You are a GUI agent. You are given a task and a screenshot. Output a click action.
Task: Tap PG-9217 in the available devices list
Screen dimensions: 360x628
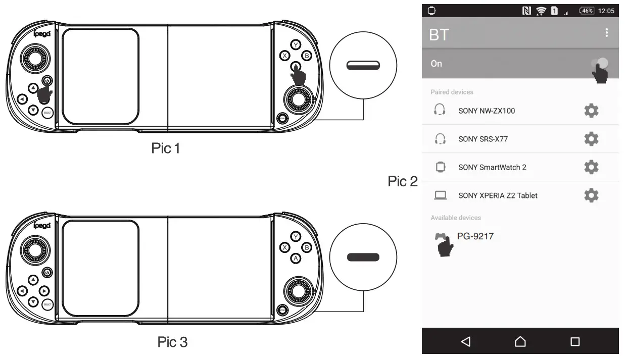pos(475,236)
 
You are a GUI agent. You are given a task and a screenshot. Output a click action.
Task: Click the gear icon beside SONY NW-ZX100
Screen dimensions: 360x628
pos(591,111)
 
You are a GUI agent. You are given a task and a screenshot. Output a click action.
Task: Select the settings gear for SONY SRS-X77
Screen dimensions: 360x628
pos(591,139)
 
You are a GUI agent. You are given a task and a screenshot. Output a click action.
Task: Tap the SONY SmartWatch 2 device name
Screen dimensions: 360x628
pos(492,167)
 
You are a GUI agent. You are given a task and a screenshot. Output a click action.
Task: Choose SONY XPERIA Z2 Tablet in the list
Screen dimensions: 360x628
pos(497,195)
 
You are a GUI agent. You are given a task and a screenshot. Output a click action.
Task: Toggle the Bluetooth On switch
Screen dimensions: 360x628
pos(599,64)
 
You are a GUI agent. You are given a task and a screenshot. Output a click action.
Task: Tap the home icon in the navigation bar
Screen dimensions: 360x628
pos(520,342)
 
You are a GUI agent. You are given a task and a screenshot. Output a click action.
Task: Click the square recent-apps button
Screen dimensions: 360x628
pos(575,342)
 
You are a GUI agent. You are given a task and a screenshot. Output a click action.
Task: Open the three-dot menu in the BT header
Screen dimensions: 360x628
pos(606,33)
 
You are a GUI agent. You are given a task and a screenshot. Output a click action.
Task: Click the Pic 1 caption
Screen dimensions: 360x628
pos(166,148)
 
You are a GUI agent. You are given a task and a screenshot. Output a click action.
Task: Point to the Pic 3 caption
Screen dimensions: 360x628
pos(172,342)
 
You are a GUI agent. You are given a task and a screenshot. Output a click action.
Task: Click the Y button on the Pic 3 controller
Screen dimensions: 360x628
pos(296,236)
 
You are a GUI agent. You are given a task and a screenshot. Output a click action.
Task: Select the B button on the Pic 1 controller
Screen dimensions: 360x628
pos(306,56)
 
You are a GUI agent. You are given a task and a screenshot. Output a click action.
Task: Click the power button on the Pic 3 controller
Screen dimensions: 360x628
pos(47,273)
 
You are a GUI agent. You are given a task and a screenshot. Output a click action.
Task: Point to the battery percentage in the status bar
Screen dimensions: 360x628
pos(587,11)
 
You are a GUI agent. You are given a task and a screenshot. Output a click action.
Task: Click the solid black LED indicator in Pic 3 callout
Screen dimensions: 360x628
pos(363,257)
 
